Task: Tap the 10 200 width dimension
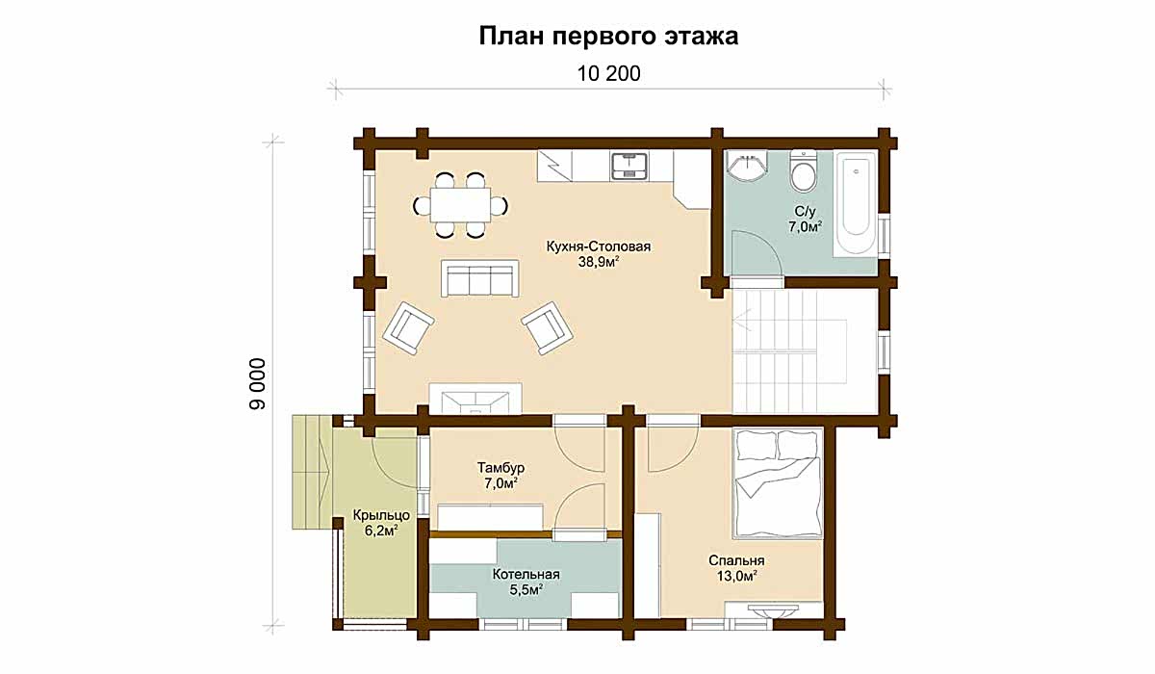[608, 74]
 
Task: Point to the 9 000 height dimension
[257, 383]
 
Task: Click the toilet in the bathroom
[804, 170]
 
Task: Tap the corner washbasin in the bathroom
[746, 166]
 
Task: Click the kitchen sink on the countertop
[629, 166]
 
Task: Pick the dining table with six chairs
[460, 205]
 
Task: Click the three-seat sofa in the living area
[479, 278]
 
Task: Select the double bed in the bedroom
[778, 483]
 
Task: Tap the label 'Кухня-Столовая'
[598, 246]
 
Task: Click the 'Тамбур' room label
[500, 468]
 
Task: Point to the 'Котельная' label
[526, 574]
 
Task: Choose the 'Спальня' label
[736, 560]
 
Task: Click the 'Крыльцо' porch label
[381, 515]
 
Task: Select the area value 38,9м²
[598, 262]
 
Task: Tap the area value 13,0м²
[736, 576]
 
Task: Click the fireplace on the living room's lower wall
[475, 399]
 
